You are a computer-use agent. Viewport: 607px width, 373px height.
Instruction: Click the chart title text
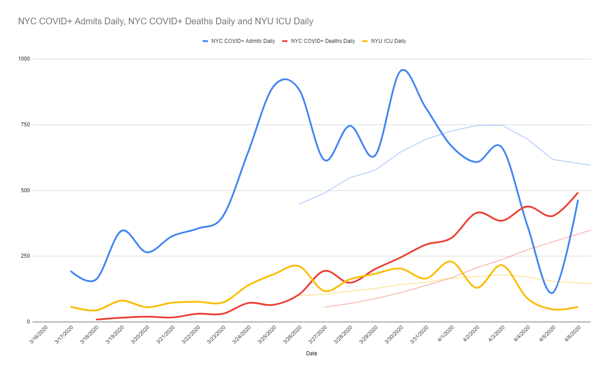coord(165,21)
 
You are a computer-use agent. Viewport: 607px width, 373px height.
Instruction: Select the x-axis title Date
coord(311,354)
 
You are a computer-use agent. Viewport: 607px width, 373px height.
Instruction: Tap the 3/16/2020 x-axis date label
coord(38,337)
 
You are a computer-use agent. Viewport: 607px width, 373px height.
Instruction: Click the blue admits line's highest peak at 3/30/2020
coord(403,70)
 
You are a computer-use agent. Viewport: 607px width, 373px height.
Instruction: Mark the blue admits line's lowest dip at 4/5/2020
coord(552,293)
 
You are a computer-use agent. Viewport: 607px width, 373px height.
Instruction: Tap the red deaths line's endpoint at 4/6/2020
coord(578,192)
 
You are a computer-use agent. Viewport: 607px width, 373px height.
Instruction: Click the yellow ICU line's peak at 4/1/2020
coord(450,261)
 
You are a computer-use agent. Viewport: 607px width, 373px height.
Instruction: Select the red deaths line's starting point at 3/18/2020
coord(96,320)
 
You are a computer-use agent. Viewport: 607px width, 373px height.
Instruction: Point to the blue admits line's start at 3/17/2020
coord(71,271)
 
